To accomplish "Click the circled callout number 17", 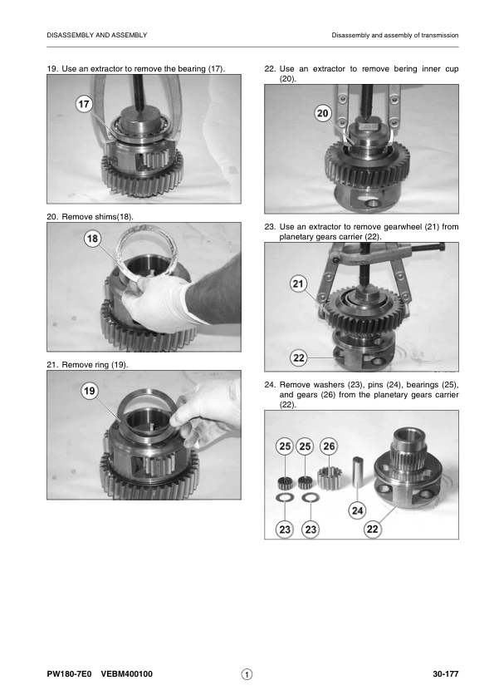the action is (84, 105).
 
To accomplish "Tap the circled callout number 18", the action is (92, 239).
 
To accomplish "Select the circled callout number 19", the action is (90, 391).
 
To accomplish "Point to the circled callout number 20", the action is (322, 113).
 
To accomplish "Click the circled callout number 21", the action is (298, 283).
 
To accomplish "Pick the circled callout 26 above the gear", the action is (329, 446).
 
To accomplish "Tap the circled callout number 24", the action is (358, 510).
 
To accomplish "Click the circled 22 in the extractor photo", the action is (299, 357).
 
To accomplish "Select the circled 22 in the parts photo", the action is (372, 529).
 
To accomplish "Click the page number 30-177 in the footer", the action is (445, 674).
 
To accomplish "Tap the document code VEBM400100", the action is (127, 674).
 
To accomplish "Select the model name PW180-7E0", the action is (69, 674).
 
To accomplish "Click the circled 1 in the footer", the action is (247, 674).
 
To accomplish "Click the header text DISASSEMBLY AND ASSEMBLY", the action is (97, 35).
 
